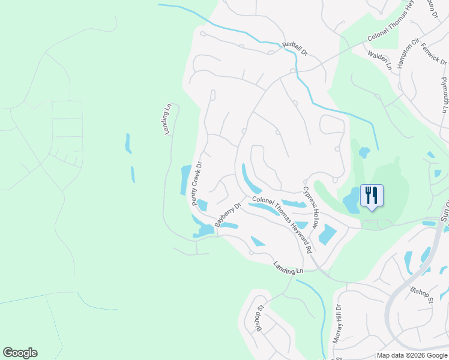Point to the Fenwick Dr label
(434, 54)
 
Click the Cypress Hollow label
(310, 207)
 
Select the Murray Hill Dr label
(338, 323)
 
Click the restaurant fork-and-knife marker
(372, 195)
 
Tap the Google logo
(20, 353)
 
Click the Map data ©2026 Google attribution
(412, 355)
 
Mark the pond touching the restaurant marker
(351, 201)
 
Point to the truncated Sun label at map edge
(445, 210)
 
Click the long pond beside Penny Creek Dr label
(185, 179)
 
